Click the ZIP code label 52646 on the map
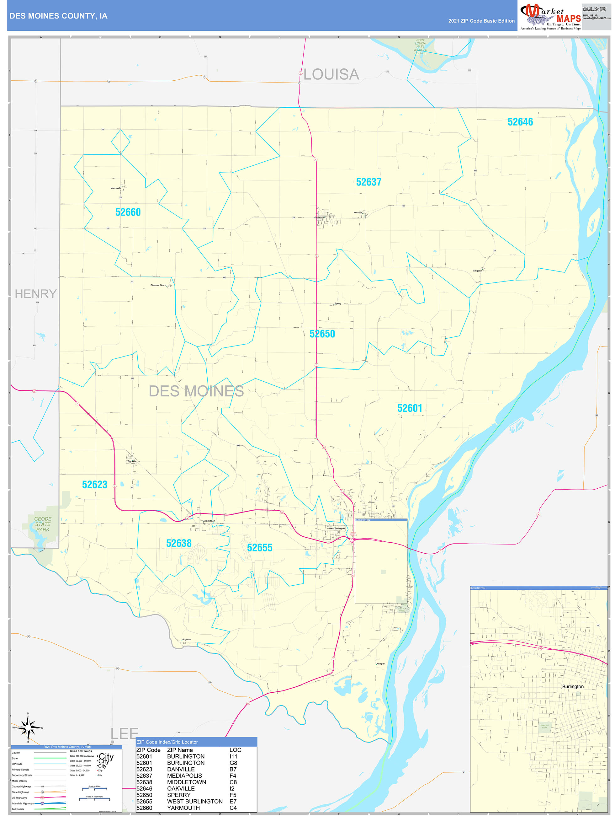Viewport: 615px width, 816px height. pos(520,122)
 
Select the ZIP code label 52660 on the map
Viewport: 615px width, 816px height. pos(128,212)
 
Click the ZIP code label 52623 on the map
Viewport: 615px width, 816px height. pos(94,485)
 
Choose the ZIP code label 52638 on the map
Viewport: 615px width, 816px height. pos(179,543)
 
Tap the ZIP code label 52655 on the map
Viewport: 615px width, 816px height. pos(260,548)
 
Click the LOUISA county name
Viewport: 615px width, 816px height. pos(331,74)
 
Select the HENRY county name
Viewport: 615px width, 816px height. pos(36,294)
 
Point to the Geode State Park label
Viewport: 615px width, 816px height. pos(43,524)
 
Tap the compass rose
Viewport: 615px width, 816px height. pos(28,727)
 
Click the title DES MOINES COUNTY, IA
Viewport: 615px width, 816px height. pos(58,16)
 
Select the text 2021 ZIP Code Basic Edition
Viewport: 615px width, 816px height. pos(481,21)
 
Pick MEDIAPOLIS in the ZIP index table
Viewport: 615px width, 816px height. pos(184,776)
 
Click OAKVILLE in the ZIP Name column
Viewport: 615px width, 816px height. pos(181,789)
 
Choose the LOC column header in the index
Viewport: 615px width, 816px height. pos(235,750)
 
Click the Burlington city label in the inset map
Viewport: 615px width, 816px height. pos(573,686)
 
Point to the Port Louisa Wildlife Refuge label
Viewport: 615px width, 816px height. pos(420,47)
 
